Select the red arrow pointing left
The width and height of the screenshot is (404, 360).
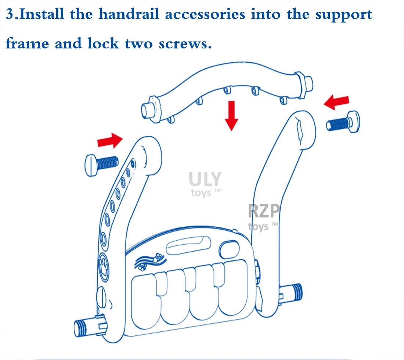coord(336,102)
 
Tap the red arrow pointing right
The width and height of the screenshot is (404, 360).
coord(109,140)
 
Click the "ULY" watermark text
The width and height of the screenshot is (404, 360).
coord(205,179)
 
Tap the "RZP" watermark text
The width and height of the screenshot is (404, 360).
coord(264,212)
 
